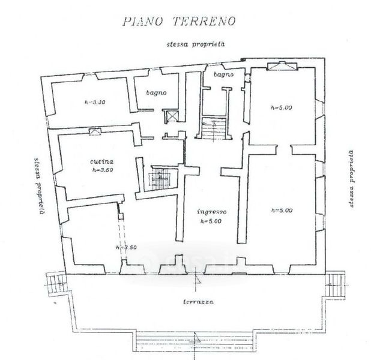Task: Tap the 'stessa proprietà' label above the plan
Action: pyautogui.click(x=196, y=45)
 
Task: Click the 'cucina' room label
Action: pyautogui.click(x=103, y=161)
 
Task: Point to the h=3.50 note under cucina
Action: pyautogui.click(x=103, y=170)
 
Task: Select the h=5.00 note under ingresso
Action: pyautogui.click(x=211, y=221)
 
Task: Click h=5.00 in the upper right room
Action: pyautogui.click(x=281, y=108)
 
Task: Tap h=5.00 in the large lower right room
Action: pyautogui.click(x=281, y=210)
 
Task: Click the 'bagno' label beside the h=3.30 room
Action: pyautogui.click(x=157, y=93)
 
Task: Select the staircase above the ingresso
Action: pyautogui.click(x=213, y=128)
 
